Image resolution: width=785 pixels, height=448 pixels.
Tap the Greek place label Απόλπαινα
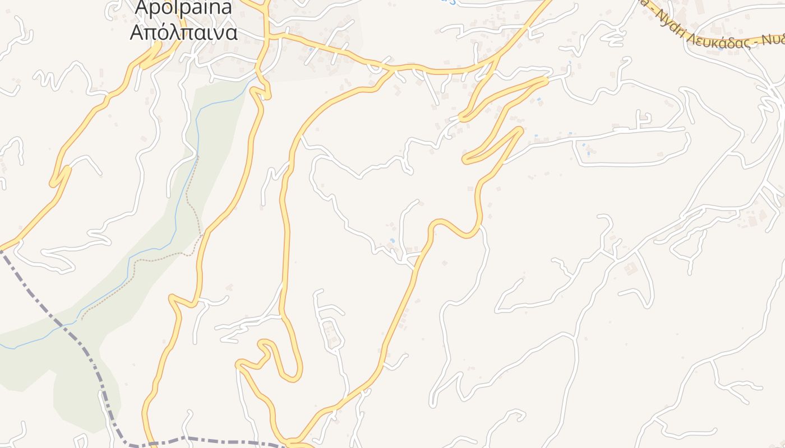click(x=183, y=32)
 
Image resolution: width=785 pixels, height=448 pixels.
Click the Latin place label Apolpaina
click(x=183, y=8)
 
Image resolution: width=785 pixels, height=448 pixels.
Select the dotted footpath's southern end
click(x=82, y=319)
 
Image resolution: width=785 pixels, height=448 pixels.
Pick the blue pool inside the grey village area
click(x=310, y=49)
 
